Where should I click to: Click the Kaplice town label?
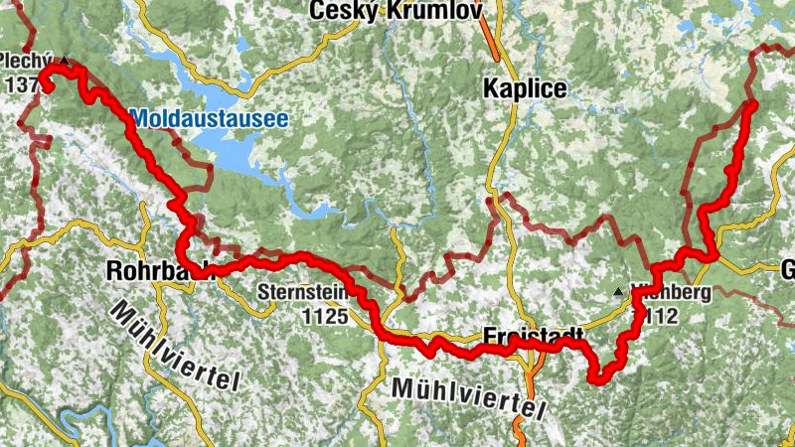[524, 88]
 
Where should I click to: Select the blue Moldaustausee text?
[209, 119]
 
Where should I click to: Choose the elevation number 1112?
[659, 317]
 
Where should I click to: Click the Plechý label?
[25, 59]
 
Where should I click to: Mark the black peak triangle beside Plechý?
[65, 61]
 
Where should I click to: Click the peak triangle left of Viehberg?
[619, 292]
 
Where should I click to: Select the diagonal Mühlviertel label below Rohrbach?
[175, 348]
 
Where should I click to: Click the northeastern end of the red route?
[752, 104]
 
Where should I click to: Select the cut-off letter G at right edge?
[787, 270]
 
